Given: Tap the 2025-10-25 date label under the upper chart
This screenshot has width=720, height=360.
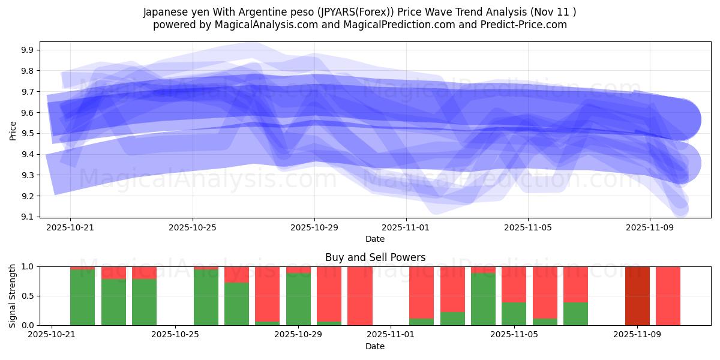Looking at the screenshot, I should click(x=193, y=227).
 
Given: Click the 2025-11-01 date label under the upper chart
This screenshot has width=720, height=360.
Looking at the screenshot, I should click(x=406, y=227).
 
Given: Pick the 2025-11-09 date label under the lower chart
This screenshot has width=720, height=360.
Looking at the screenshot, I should click(x=637, y=335).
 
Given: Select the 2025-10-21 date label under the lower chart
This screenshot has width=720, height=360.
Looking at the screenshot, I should click(x=52, y=335).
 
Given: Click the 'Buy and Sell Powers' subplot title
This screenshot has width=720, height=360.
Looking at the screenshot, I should click(x=375, y=257).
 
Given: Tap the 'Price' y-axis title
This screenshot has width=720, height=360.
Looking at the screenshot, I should click(x=13, y=130).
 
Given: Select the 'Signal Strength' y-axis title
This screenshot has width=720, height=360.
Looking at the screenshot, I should click(x=13, y=296).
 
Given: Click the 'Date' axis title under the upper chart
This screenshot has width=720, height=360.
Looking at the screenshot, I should click(x=375, y=239).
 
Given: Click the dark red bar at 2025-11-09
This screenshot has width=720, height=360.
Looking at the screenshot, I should click(x=637, y=296).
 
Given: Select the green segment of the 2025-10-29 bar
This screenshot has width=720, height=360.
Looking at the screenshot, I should click(x=298, y=300).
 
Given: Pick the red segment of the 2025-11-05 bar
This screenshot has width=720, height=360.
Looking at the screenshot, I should click(x=514, y=284).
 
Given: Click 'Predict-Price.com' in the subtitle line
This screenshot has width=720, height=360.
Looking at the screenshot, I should click(x=527, y=25).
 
